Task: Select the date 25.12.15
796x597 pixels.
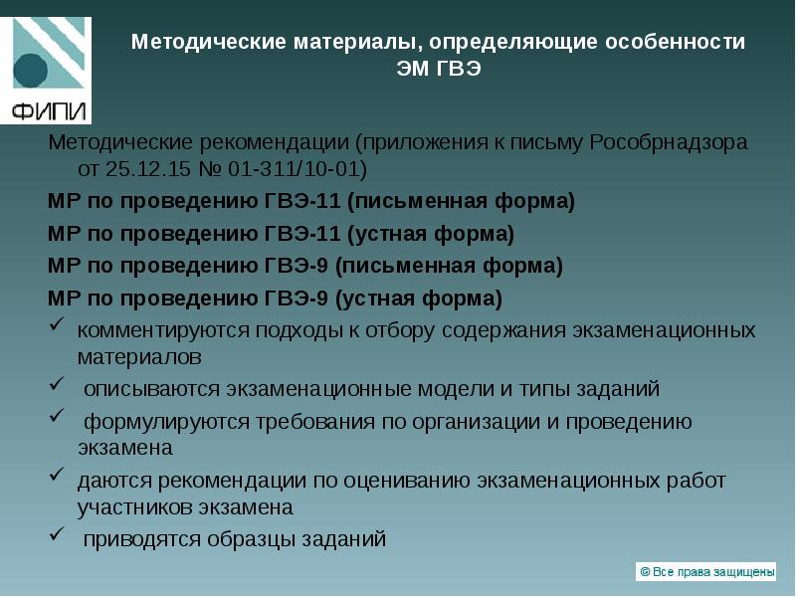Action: click(x=143, y=167)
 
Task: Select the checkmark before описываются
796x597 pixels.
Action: click(x=57, y=385)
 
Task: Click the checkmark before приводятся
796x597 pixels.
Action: click(x=57, y=537)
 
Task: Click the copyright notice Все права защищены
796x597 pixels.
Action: click(x=705, y=571)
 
